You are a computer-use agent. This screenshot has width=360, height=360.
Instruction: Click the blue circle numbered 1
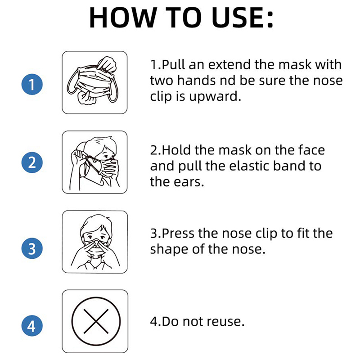pyautogui.click(x=32, y=84)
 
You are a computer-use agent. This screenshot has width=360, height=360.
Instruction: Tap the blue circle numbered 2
pyautogui.click(x=32, y=162)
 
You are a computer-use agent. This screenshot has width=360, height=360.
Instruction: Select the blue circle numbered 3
pyautogui.click(x=32, y=248)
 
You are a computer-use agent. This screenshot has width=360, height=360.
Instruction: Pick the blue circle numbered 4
pyautogui.click(x=32, y=325)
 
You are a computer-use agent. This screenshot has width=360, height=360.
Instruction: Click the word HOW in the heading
pyautogui.click(x=122, y=18)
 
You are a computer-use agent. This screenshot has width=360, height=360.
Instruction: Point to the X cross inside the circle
pyautogui.click(x=96, y=321)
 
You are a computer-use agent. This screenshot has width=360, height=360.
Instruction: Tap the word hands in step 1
pyautogui.click(x=196, y=81)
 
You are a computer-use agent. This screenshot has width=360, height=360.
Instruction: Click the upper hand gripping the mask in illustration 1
pyautogui.click(x=107, y=64)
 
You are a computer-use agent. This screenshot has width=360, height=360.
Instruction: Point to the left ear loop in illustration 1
pyautogui.click(x=72, y=81)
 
